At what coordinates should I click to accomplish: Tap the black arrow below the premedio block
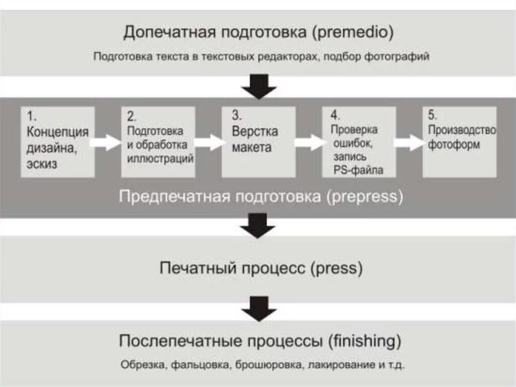click(259, 86)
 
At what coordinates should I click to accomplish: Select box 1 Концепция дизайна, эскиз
click(57, 142)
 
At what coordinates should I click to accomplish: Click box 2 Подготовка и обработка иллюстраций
click(158, 142)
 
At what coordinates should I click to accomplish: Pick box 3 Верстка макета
click(259, 142)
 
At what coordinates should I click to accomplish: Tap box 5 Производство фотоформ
click(459, 142)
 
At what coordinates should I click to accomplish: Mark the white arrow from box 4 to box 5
click(409, 142)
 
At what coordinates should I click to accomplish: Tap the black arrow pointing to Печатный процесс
click(257, 226)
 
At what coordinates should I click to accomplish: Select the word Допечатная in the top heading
click(167, 33)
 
